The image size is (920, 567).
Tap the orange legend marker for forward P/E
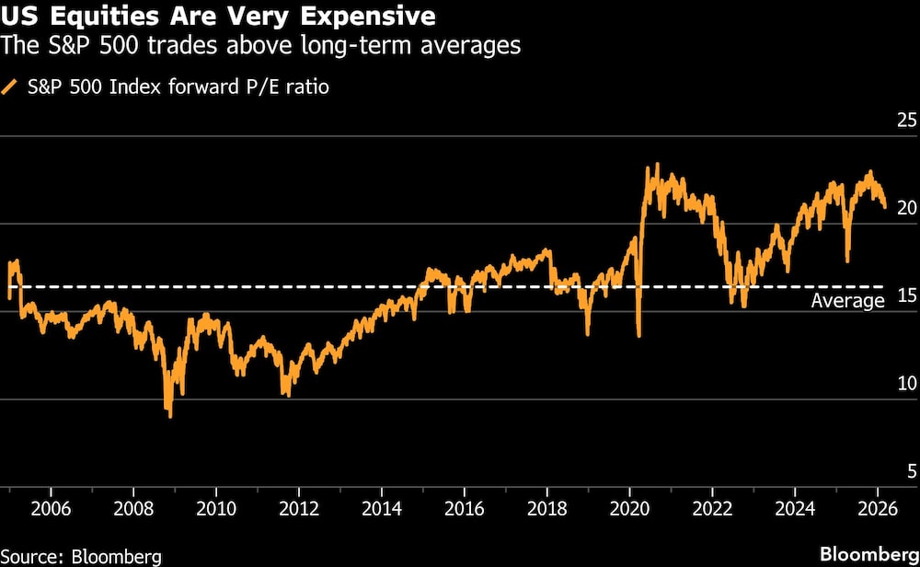click(11, 87)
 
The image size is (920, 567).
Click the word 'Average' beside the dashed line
click(847, 301)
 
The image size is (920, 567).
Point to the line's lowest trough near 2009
click(170, 415)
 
